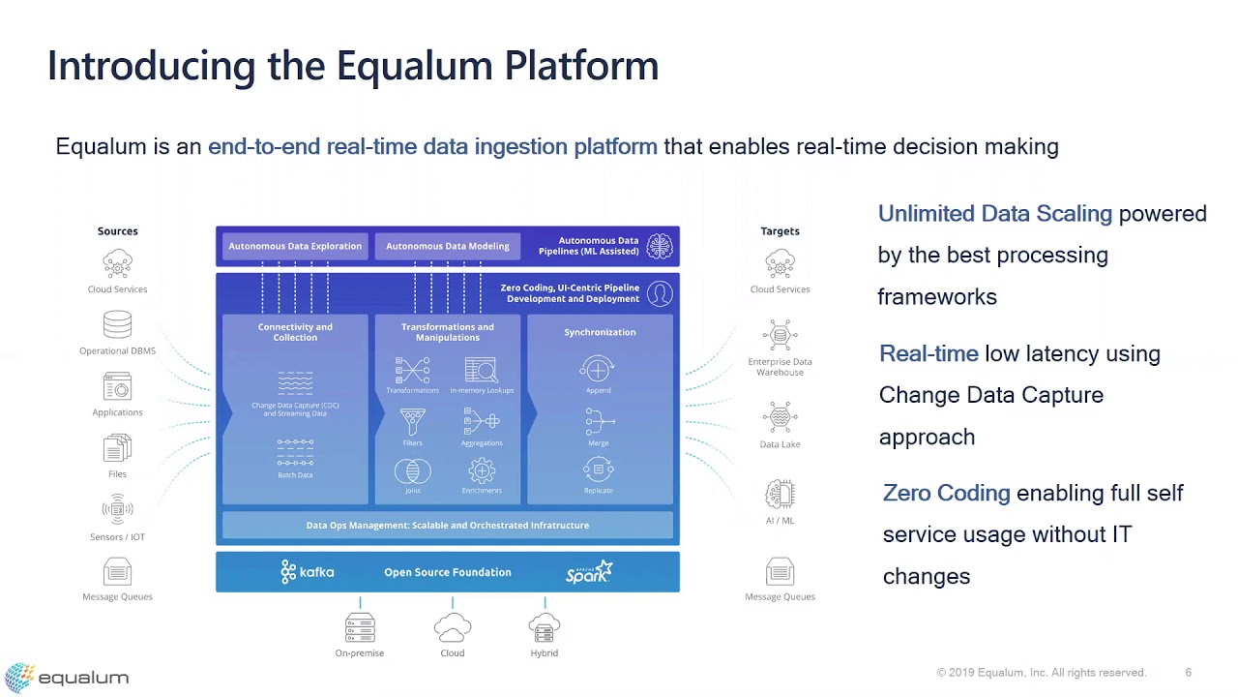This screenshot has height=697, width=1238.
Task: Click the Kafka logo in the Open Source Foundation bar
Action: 307,572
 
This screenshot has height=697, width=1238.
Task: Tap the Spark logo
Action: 589,572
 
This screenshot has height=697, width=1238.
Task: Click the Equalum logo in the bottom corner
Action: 67,677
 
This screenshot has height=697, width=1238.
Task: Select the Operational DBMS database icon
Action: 117,324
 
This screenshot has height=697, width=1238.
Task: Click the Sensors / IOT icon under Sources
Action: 117,509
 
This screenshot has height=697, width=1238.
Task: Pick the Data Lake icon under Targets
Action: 780,417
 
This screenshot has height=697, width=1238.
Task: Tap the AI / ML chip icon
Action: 780,494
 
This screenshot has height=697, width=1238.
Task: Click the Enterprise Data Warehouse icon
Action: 780,335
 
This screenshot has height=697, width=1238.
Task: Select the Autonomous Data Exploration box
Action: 295,246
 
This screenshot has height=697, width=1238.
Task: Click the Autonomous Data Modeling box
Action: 448,246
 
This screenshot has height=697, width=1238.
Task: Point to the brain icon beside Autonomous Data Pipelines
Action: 660,246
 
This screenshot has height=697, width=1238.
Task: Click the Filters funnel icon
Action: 413,421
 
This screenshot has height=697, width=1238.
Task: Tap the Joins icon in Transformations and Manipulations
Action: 413,471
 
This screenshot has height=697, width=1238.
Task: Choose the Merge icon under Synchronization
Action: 599,421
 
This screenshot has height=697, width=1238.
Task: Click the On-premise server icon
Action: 360,628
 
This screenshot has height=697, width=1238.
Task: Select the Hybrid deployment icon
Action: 545,628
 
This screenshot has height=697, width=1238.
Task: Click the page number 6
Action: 1189,673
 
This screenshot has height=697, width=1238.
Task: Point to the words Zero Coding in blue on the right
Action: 946,493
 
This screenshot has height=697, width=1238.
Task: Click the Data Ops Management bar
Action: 447,525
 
